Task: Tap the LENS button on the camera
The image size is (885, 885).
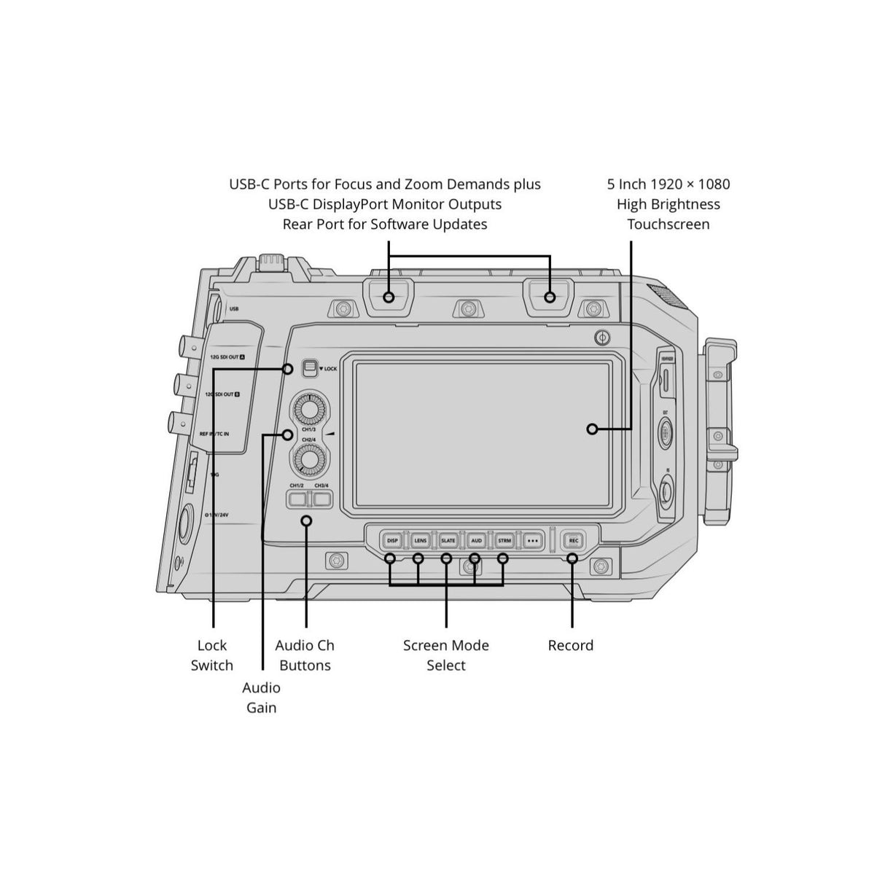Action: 420,540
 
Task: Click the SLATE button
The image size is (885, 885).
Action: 448,540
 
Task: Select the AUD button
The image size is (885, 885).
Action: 476,540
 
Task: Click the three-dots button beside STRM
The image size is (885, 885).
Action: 533,540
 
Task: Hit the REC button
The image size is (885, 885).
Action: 573,540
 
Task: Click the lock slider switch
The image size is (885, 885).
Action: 310,368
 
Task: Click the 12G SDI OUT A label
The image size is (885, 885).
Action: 227,357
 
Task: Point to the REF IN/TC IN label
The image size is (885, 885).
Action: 214,434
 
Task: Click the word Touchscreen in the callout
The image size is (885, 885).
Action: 668,225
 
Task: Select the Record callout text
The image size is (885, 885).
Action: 571,645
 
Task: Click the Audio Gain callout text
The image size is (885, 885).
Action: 261,698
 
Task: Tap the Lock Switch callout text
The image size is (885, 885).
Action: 212,655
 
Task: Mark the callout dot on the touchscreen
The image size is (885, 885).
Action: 592,429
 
